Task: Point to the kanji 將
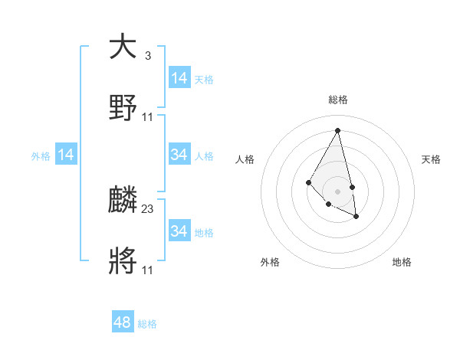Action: (x=123, y=260)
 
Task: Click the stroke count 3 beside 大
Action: (x=147, y=56)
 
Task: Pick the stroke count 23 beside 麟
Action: (x=148, y=209)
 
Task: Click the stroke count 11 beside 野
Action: (x=148, y=117)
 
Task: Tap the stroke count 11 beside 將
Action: (x=148, y=270)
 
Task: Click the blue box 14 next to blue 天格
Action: (x=179, y=78)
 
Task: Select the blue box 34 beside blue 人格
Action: (x=179, y=155)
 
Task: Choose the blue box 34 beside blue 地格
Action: (x=179, y=231)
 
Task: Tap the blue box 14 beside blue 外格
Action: (x=66, y=155)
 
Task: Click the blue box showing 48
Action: (x=123, y=322)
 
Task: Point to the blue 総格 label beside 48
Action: (x=147, y=324)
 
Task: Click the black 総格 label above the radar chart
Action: (x=337, y=100)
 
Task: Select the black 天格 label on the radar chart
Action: (x=431, y=159)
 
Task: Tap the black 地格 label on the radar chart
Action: (x=402, y=262)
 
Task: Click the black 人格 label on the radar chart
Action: (x=245, y=159)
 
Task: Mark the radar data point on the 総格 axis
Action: (x=337, y=130)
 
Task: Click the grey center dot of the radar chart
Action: (x=337, y=191)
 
